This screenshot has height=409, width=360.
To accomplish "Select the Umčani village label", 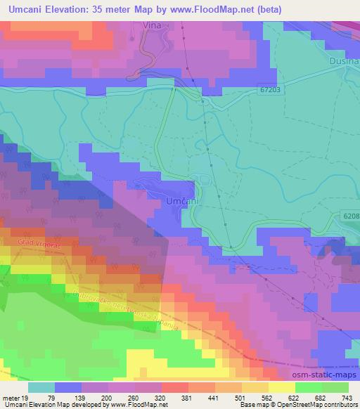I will [181, 202].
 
